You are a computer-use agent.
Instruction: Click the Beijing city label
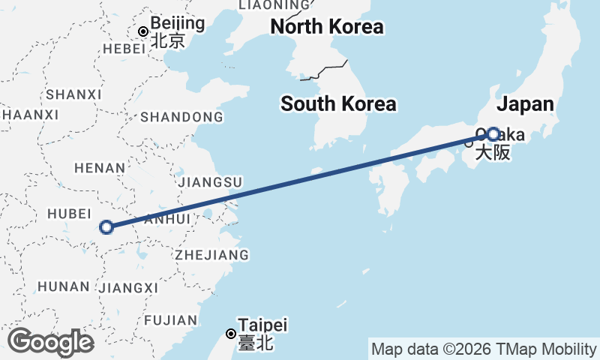coord(177,23)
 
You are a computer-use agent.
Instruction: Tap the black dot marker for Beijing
coord(142,31)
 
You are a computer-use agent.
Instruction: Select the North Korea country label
coord(327,27)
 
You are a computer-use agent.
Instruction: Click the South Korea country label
coord(338,104)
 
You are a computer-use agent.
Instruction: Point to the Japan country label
coord(525,104)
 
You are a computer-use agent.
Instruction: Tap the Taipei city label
coord(262,325)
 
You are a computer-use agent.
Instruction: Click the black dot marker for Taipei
coord(231,334)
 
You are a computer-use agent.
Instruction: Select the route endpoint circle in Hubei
coord(106,226)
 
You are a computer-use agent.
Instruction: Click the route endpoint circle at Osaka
coord(493,134)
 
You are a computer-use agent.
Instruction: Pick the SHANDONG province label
coord(181,117)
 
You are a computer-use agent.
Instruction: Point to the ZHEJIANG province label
coord(212,255)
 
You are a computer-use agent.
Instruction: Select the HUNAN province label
coord(63,286)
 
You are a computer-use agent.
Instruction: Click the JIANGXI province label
coord(128,287)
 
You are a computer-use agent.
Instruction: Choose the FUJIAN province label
coord(172,320)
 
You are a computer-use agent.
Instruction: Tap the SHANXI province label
coord(73,94)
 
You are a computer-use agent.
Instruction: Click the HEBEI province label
coord(124,48)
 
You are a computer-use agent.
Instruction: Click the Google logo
coord(50,341)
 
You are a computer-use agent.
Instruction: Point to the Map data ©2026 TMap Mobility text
coord(484,349)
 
